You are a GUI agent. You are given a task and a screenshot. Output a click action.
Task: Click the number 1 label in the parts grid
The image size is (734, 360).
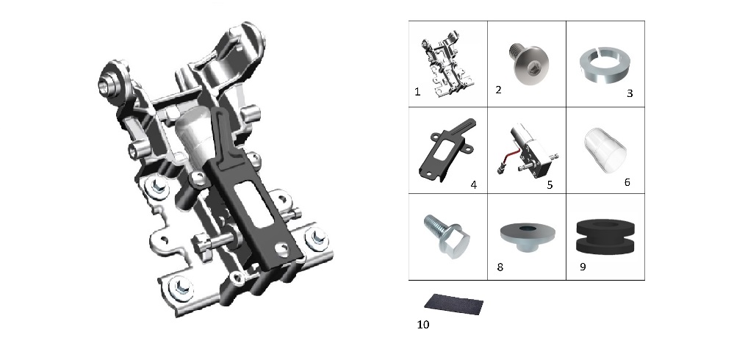pos(417,92)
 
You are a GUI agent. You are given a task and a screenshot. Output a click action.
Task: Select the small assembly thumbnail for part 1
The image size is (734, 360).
pos(447,64)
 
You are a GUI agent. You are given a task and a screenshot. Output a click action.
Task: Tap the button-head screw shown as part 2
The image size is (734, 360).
pos(529,63)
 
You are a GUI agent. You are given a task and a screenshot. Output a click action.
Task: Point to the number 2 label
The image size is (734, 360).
pos(499,90)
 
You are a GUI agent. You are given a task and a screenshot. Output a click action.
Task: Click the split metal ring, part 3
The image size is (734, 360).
pos(605,65)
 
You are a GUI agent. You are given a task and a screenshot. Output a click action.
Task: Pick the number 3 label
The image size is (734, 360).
pos(630,93)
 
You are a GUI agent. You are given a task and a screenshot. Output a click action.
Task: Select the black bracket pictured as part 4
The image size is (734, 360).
pos(447,150)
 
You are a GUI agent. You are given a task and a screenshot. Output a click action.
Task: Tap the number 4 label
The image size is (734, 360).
pos(474,185)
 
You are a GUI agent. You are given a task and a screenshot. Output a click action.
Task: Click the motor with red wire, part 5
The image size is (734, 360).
pos(528,150)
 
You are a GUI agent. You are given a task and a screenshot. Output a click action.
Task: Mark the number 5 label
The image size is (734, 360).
pos(550,185)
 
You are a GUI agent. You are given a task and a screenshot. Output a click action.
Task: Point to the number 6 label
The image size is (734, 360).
pos(627,182)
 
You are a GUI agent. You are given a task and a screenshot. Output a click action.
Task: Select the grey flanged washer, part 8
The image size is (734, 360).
pos(528,237)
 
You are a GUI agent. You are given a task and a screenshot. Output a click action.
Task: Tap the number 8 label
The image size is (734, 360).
pos(500,267)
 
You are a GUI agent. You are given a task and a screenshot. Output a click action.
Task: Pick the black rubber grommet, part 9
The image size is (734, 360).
pos(605,237)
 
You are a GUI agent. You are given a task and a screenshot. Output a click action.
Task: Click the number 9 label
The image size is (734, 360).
pos(583,267)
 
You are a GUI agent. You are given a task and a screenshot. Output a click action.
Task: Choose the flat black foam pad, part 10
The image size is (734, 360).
pos(453,304)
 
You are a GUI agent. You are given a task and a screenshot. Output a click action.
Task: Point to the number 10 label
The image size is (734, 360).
pos(423,325)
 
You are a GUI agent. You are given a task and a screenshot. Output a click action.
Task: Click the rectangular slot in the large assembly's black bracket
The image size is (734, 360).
pos(253,204)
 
